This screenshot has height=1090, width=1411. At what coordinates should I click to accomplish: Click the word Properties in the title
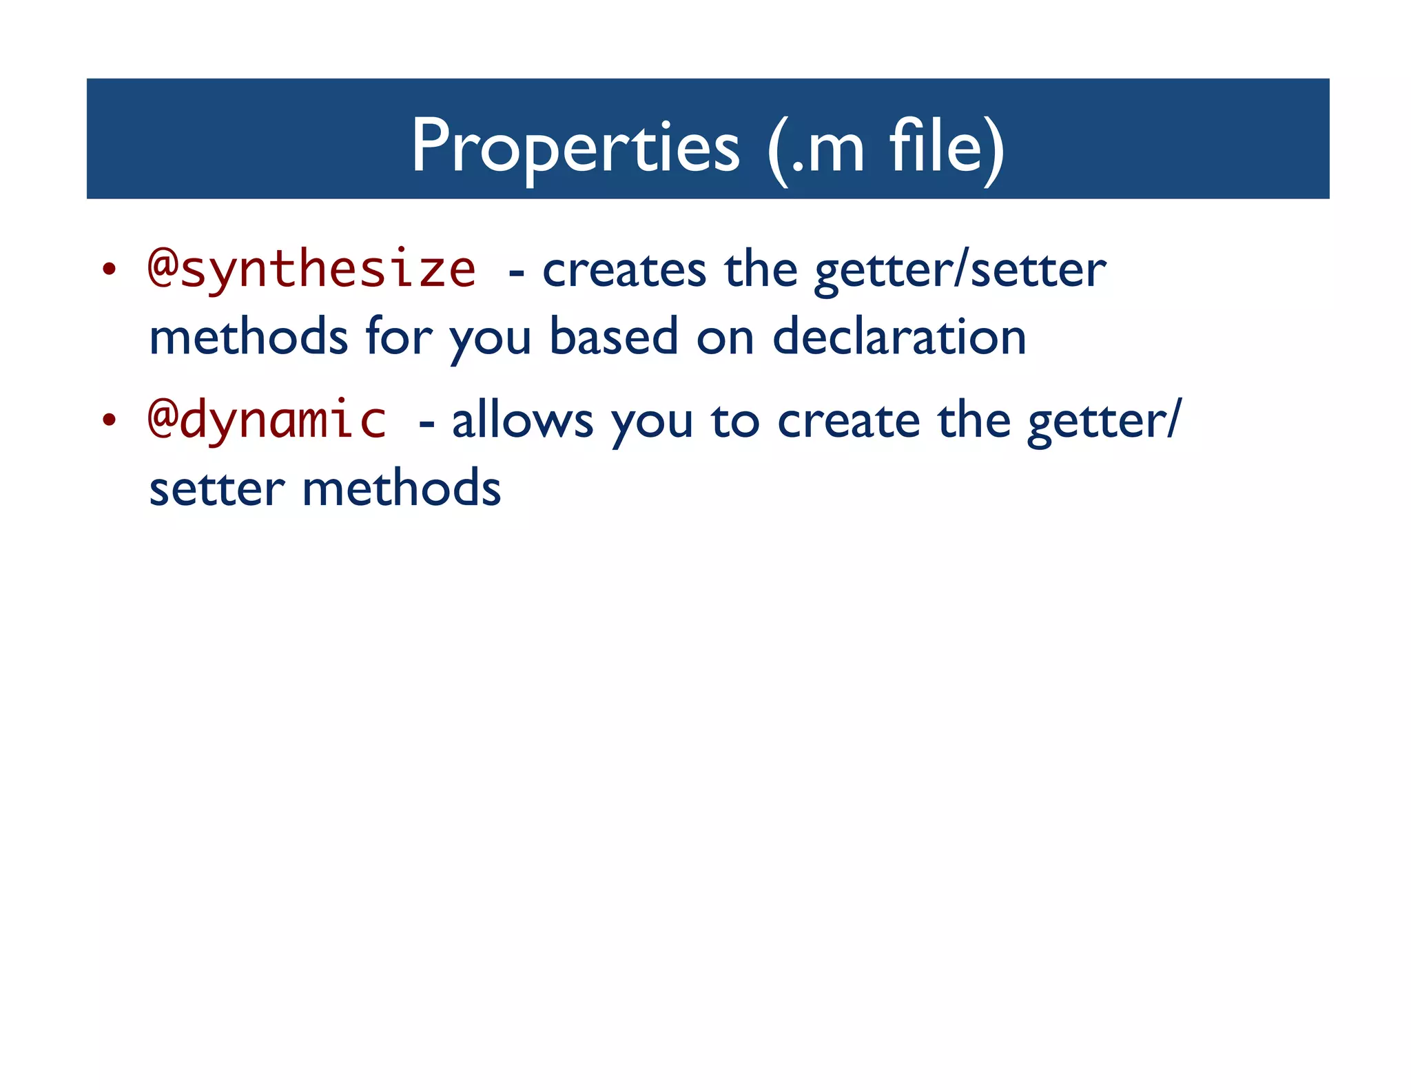pyautogui.click(x=575, y=147)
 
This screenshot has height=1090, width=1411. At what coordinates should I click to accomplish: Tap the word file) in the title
pyautogui.click(x=947, y=147)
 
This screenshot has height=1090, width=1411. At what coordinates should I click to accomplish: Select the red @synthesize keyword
pyautogui.click(x=311, y=269)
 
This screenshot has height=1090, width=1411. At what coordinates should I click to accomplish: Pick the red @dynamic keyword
pyautogui.click(x=267, y=420)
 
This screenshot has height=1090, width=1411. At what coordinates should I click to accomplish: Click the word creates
pyautogui.click(x=624, y=271)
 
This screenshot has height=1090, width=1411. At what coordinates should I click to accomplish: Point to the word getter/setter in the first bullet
pyautogui.click(x=960, y=271)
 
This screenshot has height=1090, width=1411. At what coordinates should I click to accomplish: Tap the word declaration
pyautogui.click(x=899, y=338)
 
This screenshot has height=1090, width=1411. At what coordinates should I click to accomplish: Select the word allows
pyautogui.click(x=522, y=421)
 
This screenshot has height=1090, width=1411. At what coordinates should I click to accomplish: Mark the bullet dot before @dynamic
pyautogui.click(x=108, y=420)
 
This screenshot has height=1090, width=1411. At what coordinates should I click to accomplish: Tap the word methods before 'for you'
pyautogui.click(x=249, y=338)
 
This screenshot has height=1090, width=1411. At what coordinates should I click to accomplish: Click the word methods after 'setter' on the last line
pyautogui.click(x=402, y=489)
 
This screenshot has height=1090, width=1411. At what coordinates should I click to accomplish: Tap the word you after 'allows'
pyautogui.click(x=652, y=424)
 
